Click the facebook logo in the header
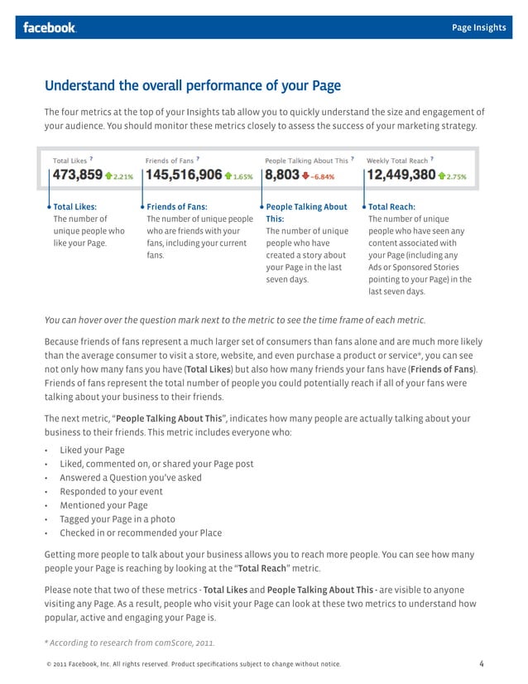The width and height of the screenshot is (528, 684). [x=50, y=27]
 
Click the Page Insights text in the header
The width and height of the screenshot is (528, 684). [x=478, y=27]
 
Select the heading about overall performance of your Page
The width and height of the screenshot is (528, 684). [x=192, y=85]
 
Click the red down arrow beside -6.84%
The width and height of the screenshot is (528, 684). [x=305, y=176]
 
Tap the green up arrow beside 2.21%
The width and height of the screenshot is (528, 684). [x=108, y=176]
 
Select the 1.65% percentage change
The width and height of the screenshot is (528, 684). [x=243, y=176]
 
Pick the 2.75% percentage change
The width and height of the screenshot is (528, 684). [x=457, y=176]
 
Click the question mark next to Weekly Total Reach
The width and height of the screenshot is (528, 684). [x=432, y=157]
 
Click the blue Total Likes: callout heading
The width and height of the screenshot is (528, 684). [x=74, y=207]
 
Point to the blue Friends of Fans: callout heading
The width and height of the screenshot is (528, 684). [x=176, y=207]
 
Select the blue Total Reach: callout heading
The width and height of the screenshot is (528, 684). [x=391, y=207]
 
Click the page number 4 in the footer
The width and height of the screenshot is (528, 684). [x=482, y=663]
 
